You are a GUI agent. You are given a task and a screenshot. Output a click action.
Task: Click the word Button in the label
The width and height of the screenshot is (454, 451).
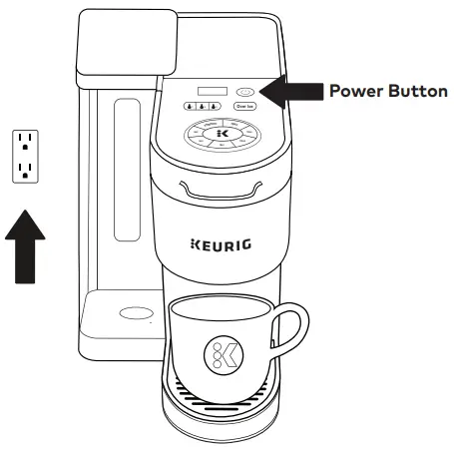point(418,89)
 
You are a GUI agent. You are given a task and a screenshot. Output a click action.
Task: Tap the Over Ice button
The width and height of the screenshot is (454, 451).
point(243,105)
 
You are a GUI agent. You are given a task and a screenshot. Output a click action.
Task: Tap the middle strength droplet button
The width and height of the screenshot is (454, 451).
point(202,105)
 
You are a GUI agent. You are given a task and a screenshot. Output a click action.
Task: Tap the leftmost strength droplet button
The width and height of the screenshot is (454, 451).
point(189,105)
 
